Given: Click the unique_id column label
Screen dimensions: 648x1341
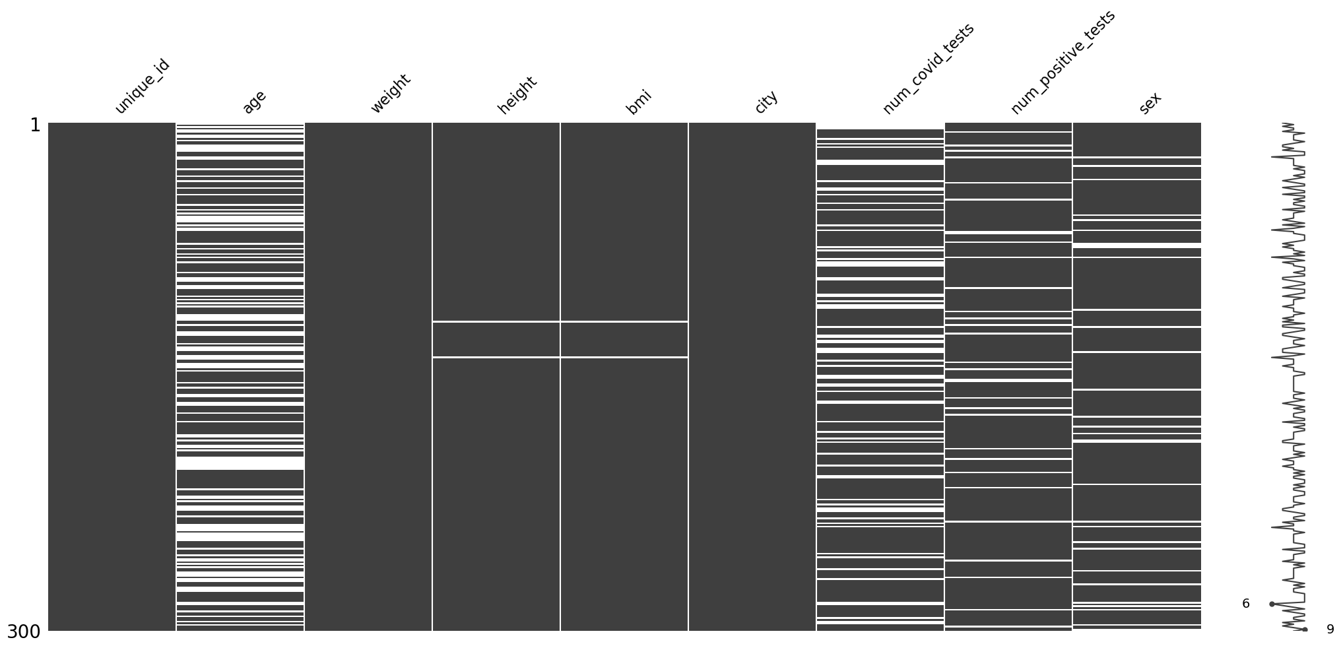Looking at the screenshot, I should click(143, 86).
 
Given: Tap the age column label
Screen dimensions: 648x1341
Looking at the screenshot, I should click(254, 102).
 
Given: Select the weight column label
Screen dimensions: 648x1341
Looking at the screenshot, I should click(390, 94).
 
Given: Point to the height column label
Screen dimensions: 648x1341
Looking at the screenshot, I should click(517, 95).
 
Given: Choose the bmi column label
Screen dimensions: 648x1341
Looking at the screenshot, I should click(638, 102).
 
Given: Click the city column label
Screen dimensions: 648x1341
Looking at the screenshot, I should click(766, 102).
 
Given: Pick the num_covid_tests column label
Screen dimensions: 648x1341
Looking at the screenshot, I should click(928, 69).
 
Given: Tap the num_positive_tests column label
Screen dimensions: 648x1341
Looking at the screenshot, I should click(1063, 62).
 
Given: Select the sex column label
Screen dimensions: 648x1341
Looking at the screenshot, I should click(1150, 104).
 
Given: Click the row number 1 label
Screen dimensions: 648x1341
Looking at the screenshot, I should click(35, 125).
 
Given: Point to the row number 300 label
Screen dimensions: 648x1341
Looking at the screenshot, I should click(24, 632).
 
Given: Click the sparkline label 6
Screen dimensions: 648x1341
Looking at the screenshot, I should click(1246, 604).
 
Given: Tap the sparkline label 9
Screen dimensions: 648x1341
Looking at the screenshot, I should click(1330, 630).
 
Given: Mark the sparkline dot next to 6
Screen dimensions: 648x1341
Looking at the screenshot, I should click(1272, 604).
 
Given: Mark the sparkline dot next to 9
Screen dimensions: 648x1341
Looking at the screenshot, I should click(1305, 630).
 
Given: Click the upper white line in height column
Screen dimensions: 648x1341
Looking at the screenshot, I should click(496, 321).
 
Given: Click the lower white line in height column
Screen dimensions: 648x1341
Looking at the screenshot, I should click(496, 357).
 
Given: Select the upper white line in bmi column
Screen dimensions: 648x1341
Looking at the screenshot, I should click(624, 321).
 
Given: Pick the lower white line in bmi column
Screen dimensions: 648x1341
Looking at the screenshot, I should click(624, 357).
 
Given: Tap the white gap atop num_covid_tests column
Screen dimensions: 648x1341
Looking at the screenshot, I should click(880, 125).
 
